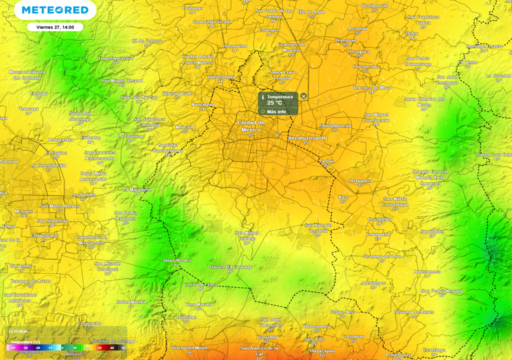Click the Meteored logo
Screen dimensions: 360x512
pyautogui.click(x=55, y=10)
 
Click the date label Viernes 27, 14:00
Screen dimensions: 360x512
pyautogui.click(x=55, y=27)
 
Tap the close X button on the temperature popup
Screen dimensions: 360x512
pyautogui.click(x=303, y=96)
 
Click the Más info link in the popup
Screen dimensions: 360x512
pyautogui.click(x=276, y=111)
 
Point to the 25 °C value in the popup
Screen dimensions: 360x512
pyautogui.click(x=275, y=103)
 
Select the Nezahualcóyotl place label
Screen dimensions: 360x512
pyautogui.click(x=306, y=137)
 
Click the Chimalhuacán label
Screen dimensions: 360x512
pyautogui.click(x=335, y=125)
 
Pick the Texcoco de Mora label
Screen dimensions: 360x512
pyautogui.click(x=372, y=87)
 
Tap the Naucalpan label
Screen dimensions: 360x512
pyautogui.click(x=203, y=104)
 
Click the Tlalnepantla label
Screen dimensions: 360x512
pyautogui.click(x=221, y=77)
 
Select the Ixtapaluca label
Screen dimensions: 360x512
pyautogui.click(x=361, y=180)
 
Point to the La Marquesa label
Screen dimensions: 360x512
pyautogui.click(x=137, y=189)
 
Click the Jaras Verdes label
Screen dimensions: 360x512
pyautogui.click(x=177, y=260)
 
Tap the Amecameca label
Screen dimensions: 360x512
pyautogui.click(x=427, y=271)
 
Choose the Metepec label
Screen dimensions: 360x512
pyautogui.click(x=24, y=211)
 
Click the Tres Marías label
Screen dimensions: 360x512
pyautogui.click(x=198, y=304)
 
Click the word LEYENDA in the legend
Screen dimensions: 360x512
pyautogui.click(x=18, y=331)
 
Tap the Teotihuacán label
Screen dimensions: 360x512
pyautogui.click(x=375, y=5)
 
